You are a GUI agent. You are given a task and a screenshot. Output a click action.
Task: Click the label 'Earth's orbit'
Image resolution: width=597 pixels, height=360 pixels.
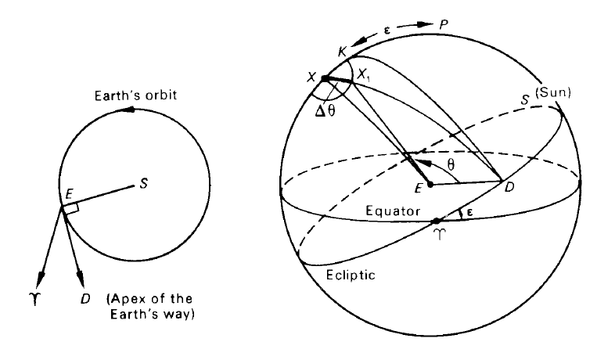[x=135, y=95]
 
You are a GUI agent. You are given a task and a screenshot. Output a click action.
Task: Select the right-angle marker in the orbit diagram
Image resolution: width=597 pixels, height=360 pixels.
[x=71, y=208]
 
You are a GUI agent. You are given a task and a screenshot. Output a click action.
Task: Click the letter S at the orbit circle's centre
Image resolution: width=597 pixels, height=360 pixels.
[x=143, y=184]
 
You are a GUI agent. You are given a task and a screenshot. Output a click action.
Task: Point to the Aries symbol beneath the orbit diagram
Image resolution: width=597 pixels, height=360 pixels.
[x=34, y=299]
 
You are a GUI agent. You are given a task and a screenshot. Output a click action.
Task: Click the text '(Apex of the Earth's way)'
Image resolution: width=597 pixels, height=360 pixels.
[x=150, y=307]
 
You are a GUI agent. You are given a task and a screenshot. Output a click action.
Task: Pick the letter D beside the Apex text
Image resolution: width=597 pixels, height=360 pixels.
[x=85, y=299]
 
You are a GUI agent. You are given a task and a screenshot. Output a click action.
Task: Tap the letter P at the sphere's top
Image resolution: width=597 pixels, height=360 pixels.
[x=444, y=25]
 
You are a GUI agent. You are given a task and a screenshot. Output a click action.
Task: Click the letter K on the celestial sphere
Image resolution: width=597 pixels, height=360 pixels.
[x=342, y=52]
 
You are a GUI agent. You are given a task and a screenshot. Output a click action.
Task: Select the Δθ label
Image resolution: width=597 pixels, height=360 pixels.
[x=326, y=111]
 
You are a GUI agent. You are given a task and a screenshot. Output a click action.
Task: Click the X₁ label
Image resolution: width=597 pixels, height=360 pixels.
[x=364, y=76]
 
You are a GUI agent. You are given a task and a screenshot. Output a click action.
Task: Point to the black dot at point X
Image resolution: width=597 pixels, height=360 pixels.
[x=325, y=79]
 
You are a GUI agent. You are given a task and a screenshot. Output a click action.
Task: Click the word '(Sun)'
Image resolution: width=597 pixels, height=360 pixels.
[x=553, y=92]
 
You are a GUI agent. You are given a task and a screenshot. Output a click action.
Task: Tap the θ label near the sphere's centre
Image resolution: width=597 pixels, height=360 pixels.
[x=451, y=164]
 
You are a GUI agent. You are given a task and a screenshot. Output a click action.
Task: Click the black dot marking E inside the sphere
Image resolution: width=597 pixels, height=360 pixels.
[x=430, y=185]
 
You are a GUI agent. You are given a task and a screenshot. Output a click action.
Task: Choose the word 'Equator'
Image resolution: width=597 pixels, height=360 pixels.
[x=393, y=211]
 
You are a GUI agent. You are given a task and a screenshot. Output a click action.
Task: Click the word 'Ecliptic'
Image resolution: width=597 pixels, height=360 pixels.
[x=351, y=275]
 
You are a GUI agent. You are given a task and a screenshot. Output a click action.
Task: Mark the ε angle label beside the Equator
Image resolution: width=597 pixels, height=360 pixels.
[x=469, y=213]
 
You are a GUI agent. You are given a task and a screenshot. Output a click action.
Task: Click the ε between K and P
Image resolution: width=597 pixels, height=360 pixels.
[x=387, y=30]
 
